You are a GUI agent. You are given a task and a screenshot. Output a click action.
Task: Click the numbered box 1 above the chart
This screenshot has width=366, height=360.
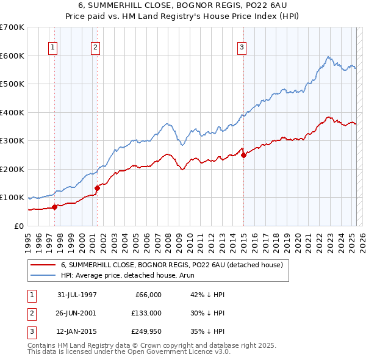(x=52, y=48)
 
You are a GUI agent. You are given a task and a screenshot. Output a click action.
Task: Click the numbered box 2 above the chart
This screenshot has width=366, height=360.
(x=96, y=48)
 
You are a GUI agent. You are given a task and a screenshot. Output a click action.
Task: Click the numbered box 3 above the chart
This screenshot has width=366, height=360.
(x=242, y=48)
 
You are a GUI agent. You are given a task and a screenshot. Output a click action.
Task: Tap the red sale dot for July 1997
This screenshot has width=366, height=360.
(x=55, y=207)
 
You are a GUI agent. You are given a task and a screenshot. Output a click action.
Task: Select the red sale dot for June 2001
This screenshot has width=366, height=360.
(x=97, y=188)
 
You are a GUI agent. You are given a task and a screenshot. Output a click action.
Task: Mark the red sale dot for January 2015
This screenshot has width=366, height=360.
(x=243, y=155)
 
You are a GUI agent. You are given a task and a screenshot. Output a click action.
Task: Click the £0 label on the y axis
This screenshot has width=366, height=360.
(x=18, y=226)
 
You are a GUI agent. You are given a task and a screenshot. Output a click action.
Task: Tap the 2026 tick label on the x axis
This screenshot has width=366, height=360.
(x=361, y=240)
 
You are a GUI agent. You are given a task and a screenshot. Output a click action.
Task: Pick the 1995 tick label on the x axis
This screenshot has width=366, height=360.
(x=28, y=240)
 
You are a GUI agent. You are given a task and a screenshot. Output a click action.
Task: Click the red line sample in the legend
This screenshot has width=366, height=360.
(x=43, y=265)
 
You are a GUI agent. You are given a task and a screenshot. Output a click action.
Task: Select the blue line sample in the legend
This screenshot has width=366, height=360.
(x=43, y=276)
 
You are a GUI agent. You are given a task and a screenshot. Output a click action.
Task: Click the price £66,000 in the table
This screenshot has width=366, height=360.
(x=147, y=295)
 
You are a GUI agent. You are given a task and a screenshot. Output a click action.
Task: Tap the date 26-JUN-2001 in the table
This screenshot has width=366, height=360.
(x=77, y=312)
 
